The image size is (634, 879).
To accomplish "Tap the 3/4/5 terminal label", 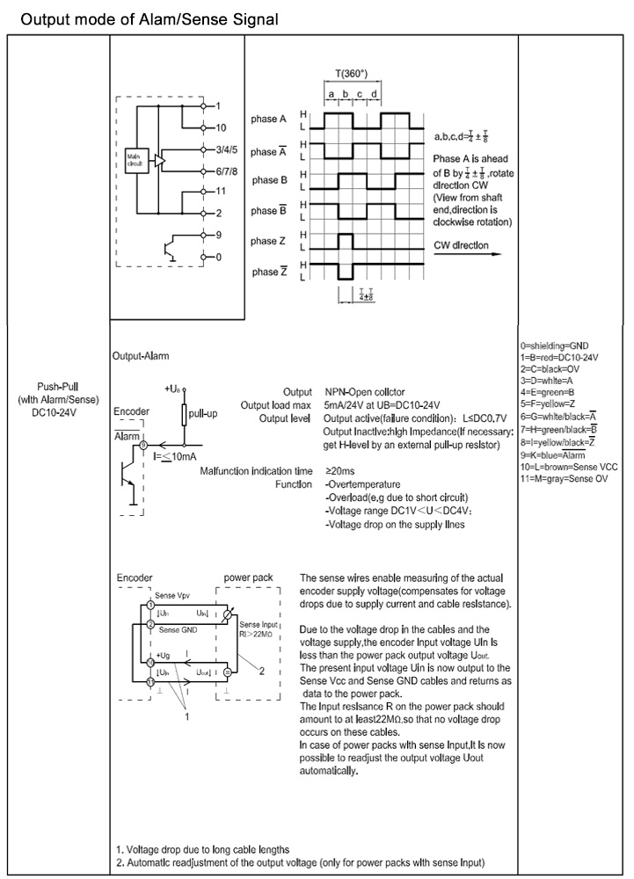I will click(227, 150).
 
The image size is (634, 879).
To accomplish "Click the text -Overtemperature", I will click(362, 484).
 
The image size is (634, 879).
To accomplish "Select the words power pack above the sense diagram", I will click(248, 578).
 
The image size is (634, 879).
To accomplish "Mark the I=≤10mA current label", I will click(173, 457).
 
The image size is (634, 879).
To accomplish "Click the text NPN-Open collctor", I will click(369, 392).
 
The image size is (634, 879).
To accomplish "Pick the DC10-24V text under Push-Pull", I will click(56, 411).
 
